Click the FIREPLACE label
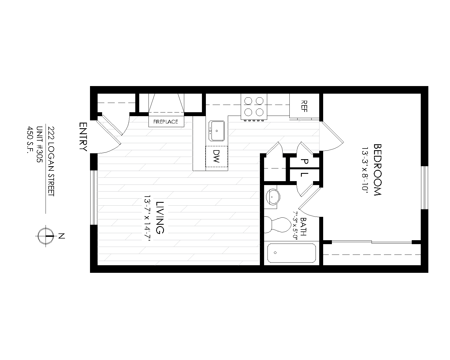pos(166,122)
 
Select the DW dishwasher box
pos(216,157)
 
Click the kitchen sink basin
pos(217,131)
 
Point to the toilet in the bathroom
pos(278,224)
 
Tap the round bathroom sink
pos(273,197)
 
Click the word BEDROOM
pos(377,170)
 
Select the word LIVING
pos(160,217)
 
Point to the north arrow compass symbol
pos(46,236)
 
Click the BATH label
pos(304,226)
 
